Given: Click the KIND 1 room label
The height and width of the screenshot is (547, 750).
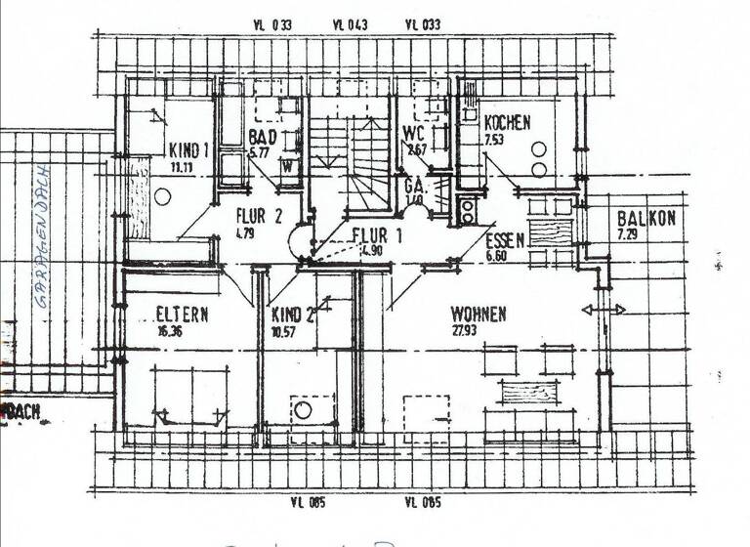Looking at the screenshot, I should [189, 150].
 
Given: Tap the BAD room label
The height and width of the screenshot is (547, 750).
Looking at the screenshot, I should [262, 137].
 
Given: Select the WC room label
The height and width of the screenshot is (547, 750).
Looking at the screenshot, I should [413, 135].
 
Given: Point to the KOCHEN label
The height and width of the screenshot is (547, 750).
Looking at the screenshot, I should [507, 123].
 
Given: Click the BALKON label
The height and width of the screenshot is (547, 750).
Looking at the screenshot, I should [646, 219].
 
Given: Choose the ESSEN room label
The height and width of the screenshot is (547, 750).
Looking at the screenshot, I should [505, 240].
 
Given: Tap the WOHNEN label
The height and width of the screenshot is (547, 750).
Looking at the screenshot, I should [478, 315].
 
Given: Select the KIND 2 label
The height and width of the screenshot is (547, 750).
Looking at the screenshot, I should [293, 315].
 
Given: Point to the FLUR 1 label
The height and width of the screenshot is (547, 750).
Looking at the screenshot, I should [377, 234].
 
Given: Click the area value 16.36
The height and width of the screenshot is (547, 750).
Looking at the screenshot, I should [170, 331].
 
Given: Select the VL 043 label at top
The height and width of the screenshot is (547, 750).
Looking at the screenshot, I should [350, 25].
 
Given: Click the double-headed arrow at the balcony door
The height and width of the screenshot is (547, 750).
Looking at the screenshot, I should [604, 310].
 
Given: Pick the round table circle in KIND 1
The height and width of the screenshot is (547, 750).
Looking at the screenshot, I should [162, 196].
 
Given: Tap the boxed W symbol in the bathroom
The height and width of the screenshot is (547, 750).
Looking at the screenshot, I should [288, 165].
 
